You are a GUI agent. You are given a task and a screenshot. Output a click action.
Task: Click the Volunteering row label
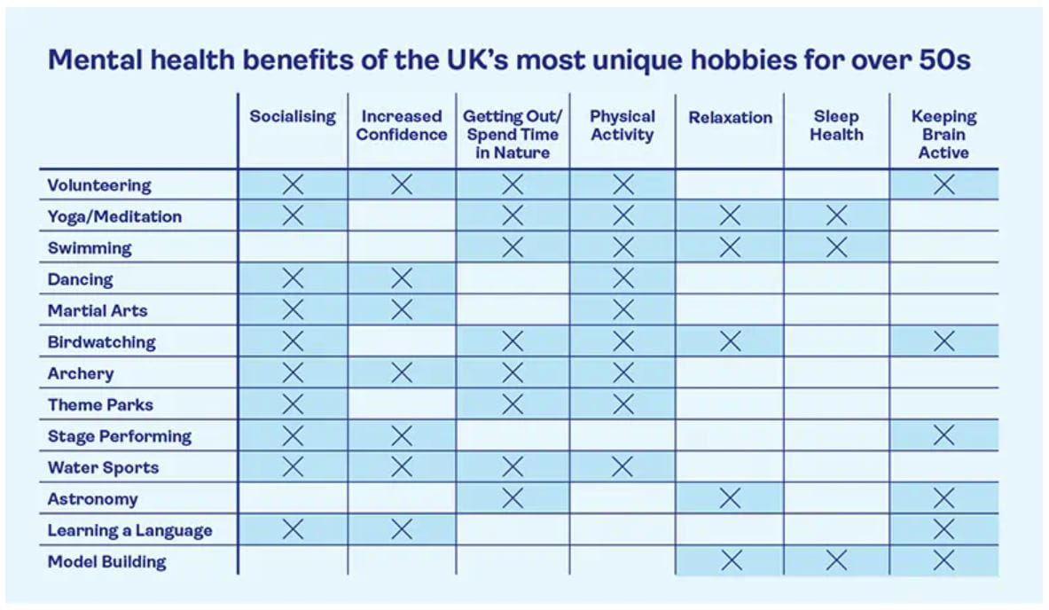point(99,185)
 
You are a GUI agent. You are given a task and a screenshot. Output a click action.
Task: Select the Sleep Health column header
point(835,126)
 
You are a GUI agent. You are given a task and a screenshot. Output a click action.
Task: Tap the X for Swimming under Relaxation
point(730,247)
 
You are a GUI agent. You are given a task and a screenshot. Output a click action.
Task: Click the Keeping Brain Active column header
point(943,134)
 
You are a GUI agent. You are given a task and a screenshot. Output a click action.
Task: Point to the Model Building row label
point(106,561)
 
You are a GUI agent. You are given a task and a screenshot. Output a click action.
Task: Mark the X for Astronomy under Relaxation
point(730,498)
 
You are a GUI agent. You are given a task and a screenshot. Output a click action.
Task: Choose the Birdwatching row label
point(101,342)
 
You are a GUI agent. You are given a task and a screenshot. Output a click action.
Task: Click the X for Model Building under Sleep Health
point(835,560)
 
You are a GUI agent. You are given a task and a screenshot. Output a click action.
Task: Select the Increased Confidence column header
point(402,126)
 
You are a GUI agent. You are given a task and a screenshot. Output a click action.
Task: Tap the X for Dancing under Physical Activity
point(623,279)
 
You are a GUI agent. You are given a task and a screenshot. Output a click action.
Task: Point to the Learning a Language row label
point(129,530)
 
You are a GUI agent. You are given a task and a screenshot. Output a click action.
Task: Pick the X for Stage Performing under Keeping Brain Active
point(943,435)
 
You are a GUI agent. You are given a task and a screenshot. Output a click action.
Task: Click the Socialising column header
point(293,117)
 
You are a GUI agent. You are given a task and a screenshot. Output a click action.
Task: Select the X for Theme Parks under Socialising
point(293,404)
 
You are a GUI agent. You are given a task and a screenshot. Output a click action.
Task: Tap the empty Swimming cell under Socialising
point(293,247)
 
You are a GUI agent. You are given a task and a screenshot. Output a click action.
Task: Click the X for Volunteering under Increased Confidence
point(402,184)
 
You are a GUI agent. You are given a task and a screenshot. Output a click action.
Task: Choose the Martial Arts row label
point(98,310)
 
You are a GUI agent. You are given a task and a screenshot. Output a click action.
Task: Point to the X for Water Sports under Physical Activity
point(623,466)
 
